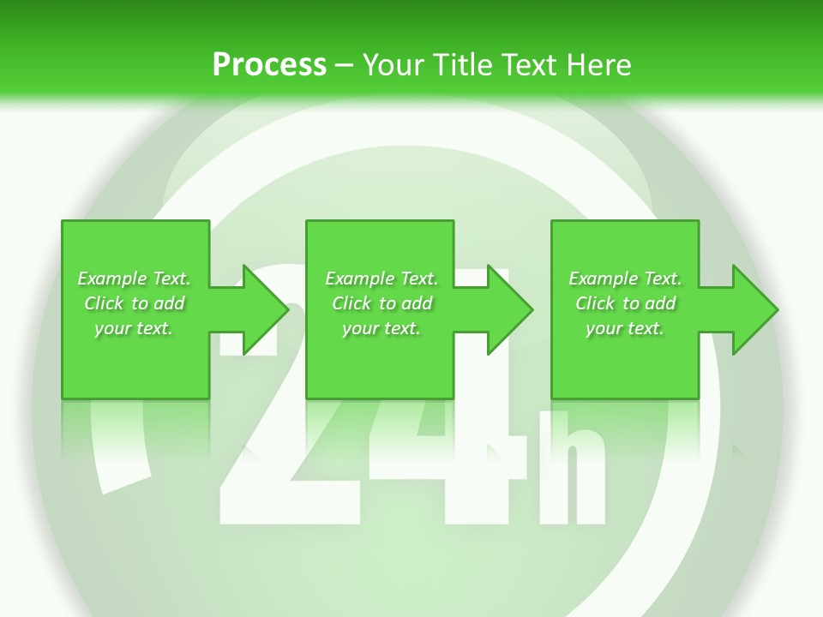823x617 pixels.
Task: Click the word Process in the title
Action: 269,64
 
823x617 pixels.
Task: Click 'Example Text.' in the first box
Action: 134,279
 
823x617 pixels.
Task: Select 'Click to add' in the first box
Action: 134,303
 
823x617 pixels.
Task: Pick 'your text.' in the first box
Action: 134,328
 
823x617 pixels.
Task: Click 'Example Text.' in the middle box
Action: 381,279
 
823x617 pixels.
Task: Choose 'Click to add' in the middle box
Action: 381,303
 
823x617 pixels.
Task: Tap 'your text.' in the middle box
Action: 381,328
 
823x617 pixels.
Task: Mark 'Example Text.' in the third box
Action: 625,279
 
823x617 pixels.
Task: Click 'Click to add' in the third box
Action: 625,303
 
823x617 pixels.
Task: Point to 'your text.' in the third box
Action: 625,328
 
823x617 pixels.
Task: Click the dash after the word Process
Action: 345,65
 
